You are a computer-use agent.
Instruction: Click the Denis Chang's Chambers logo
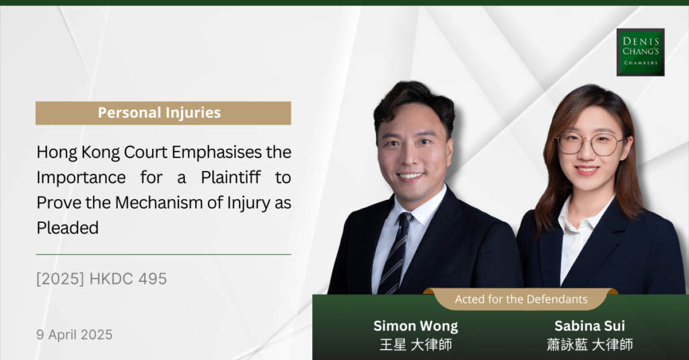pyautogui.click(x=641, y=52)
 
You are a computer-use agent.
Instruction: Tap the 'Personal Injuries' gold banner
pyautogui.click(x=164, y=113)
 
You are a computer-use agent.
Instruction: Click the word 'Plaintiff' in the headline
pyautogui.click(x=231, y=178)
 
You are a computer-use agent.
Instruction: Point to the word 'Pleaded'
pyautogui.click(x=68, y=227)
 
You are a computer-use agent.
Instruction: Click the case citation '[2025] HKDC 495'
pyautogui.click(x=102, y=279)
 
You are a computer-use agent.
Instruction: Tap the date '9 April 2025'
pyautogui.click(x=74, y=335)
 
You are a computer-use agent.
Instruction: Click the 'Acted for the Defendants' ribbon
pyautogui.click(x=521, y=299)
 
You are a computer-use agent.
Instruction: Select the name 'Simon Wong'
pyautogui.click(x=416, y=326)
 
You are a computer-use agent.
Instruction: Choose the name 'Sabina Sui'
pyautogui.click(x=589, y=326)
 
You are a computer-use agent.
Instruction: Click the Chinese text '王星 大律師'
pyautogui.click(x=416, y=345)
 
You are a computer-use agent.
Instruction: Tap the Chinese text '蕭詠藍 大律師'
pyautogui.click(x=589, y=345)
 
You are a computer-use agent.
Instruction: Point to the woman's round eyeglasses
pyautogui.click(x=589, y=143)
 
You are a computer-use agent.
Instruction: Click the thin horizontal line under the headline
pyautogui.click(x=164, y=254)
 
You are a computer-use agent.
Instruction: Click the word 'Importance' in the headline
pyautogui.click(x=81, y=178)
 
